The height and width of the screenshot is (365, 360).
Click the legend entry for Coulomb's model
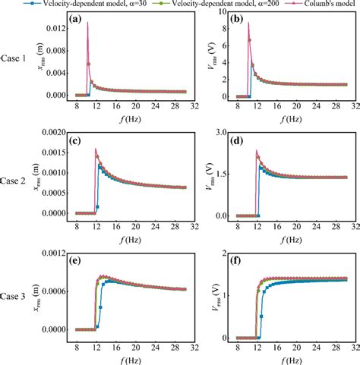tap(317, 4)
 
